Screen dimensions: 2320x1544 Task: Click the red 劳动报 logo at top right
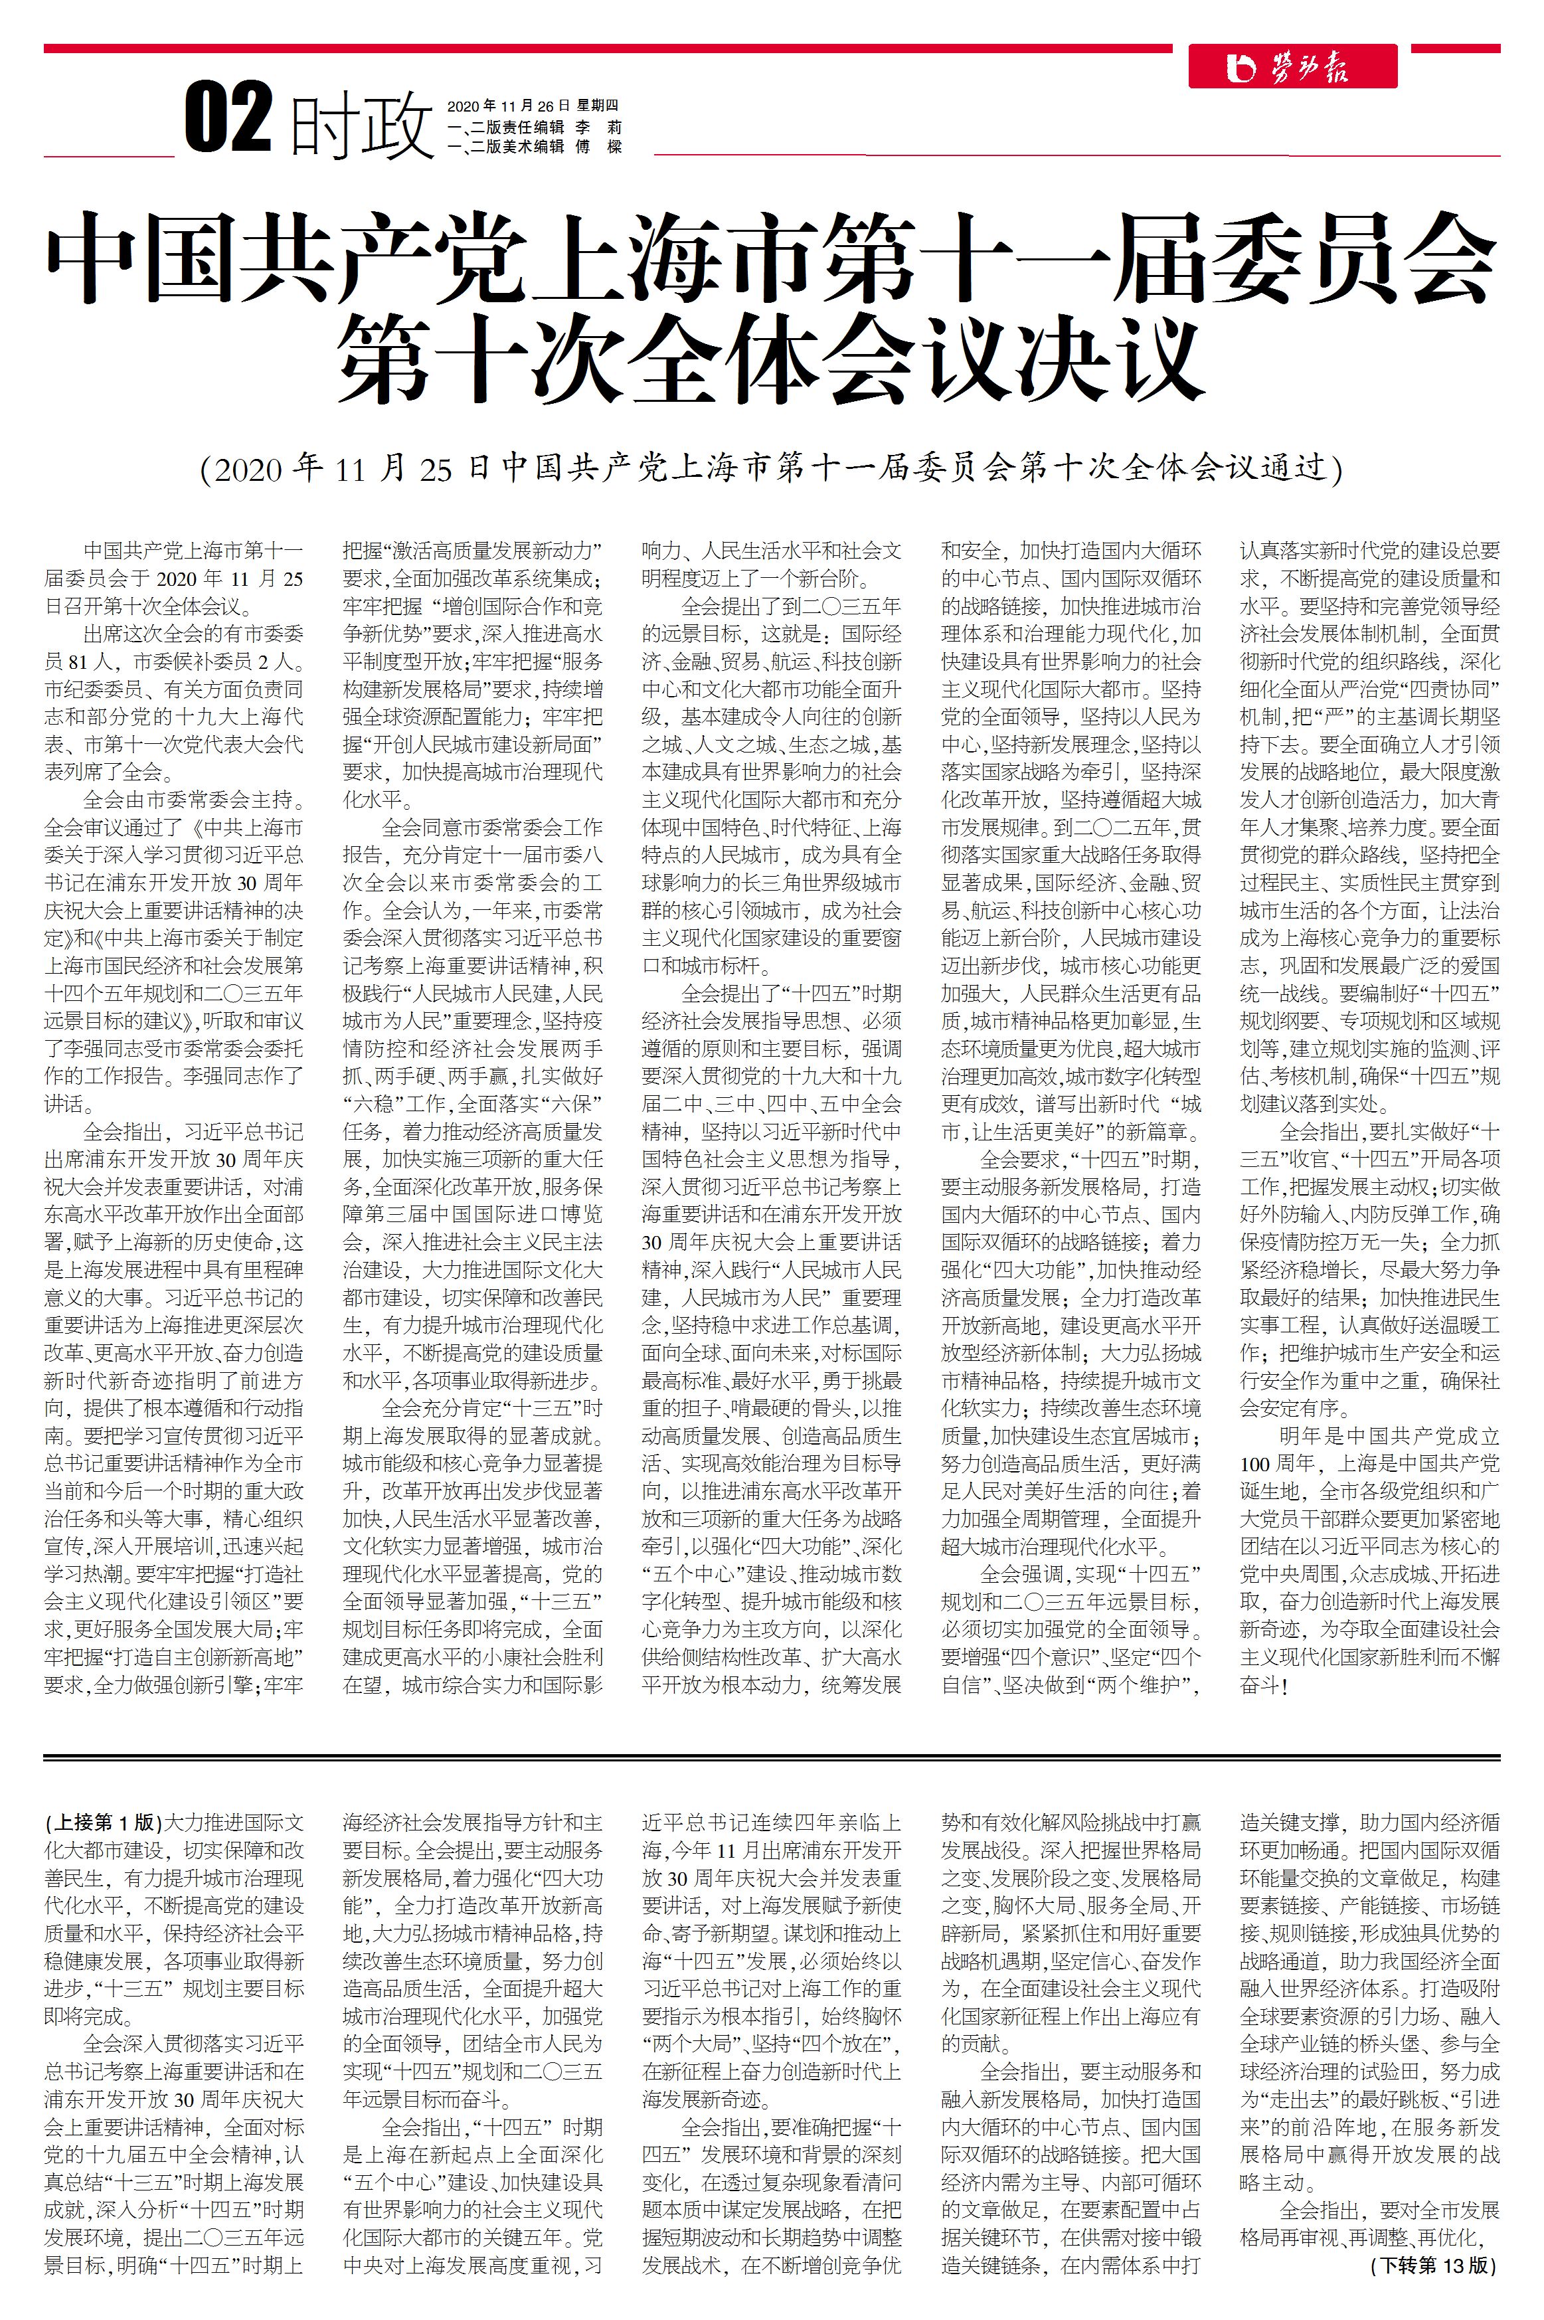click(1292, 67)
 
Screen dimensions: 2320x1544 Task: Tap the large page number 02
click(228, 119)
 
